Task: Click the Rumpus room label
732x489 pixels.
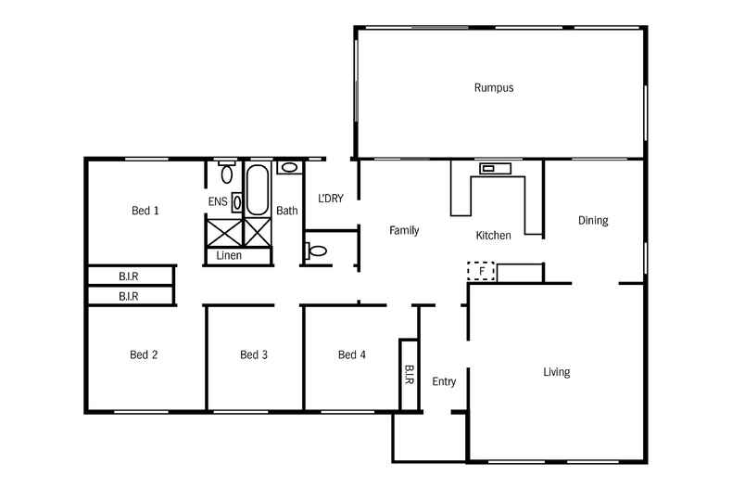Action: (x=493, y=88)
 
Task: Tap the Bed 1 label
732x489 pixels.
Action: (x=145, y=211)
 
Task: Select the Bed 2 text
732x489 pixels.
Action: (x=144, y=354)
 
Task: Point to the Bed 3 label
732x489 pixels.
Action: (x=254, y=354)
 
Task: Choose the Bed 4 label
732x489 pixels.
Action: (x=352, y=354)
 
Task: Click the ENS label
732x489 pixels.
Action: (x=217, y=201)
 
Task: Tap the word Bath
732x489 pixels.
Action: (x=287, y=211)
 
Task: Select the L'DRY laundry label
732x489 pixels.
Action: (x=331, y=198)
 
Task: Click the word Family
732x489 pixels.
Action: (x=404, y=230)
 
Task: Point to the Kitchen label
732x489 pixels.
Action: (x=493, y=236)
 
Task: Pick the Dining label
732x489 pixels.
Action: (x=593, y=221)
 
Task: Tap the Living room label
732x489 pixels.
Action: (x=556, y=372)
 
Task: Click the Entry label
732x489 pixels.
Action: (x=444, y=381)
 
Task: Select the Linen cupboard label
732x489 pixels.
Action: (x=229, y=255)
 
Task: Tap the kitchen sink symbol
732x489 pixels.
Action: (x=495, y=168)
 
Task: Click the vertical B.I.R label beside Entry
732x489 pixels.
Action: (x=409, y=375)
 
